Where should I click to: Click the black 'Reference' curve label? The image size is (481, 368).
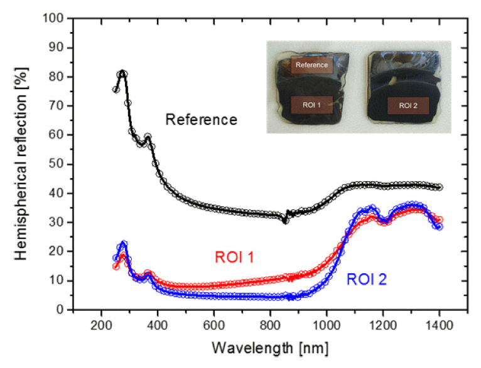(201, 119)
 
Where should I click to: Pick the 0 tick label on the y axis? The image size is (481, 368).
(54, 310)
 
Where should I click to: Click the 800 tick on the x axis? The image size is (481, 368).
(271, 326)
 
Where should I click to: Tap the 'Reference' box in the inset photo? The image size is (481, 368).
(311, 65)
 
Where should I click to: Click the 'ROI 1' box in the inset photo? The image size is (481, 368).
(311, 105)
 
